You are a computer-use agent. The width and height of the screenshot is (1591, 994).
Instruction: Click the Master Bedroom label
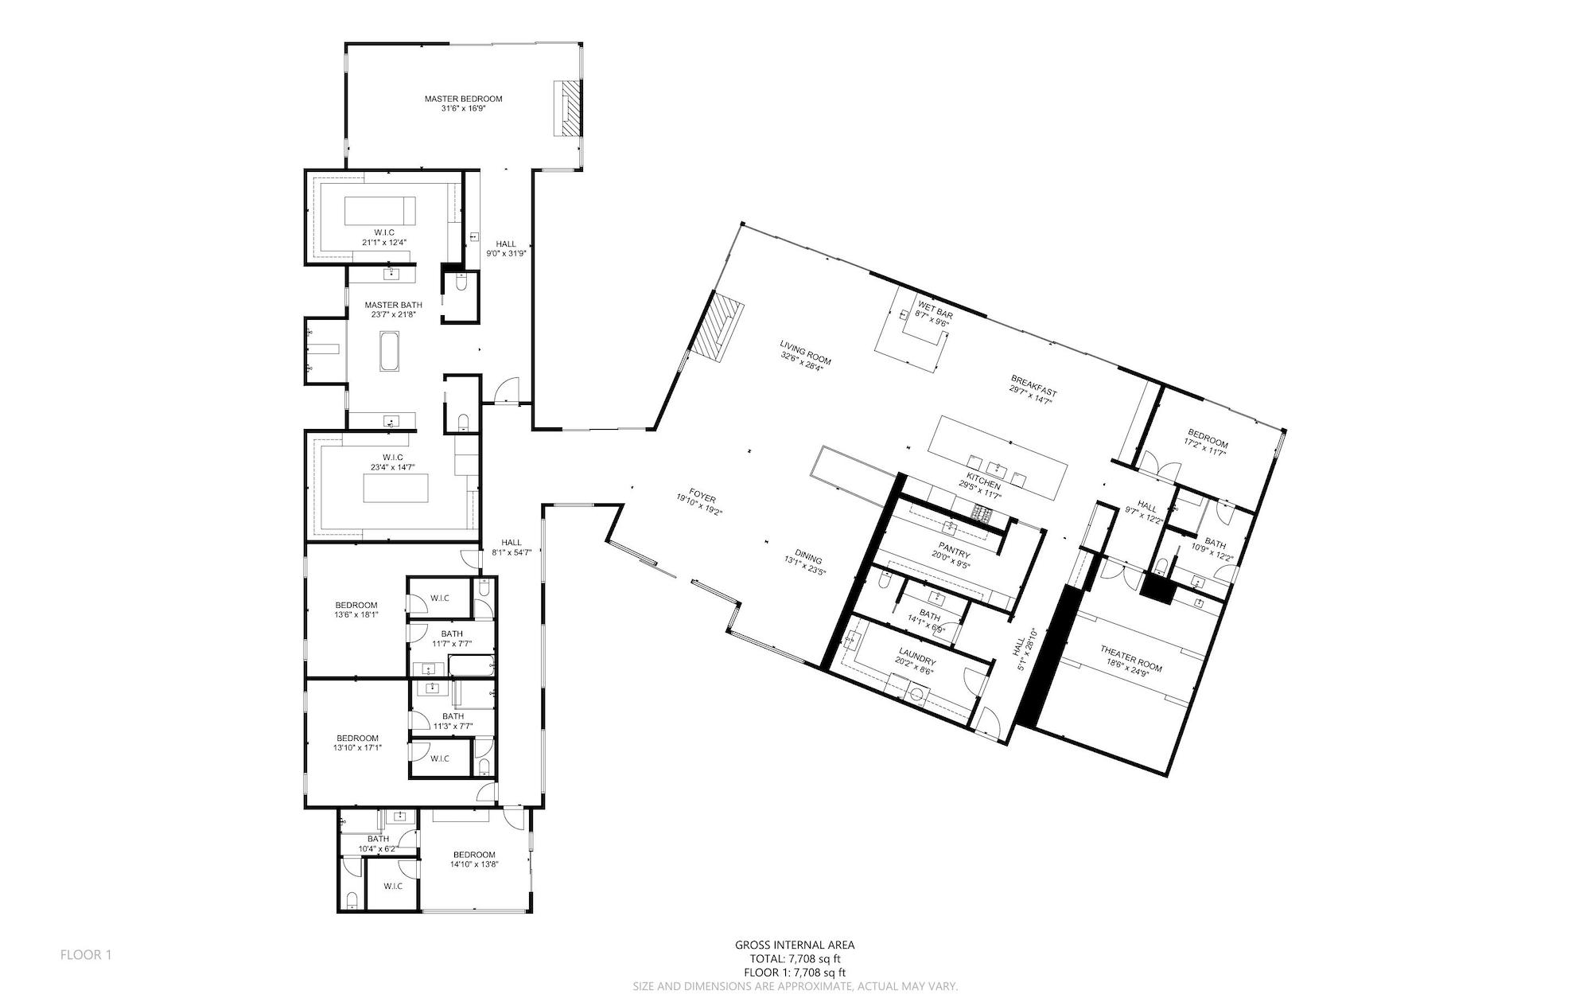(x=463, y=103)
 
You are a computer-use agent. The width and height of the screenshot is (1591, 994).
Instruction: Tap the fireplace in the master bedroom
(x=569, y=110)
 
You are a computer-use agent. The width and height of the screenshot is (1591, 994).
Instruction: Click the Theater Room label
(x=1130, y=660)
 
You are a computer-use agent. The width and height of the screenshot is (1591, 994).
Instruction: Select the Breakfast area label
(x=1033, y=390)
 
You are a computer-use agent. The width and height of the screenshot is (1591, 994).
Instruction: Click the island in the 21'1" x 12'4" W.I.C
(x=379, y=212)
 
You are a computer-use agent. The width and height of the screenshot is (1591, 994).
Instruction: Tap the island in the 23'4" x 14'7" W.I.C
(x=395, y=487)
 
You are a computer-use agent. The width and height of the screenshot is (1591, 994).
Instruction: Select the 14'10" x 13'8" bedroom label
(x=474, y=860)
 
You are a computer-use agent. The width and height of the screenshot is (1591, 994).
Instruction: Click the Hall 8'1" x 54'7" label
(x=512, y=547)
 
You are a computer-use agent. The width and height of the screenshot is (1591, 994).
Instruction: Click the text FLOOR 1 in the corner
(x=86, y=955)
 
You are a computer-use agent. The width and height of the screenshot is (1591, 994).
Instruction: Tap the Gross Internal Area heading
(x=795, y=945)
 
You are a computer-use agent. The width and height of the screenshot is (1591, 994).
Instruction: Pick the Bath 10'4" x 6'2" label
(x=378, y=844)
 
